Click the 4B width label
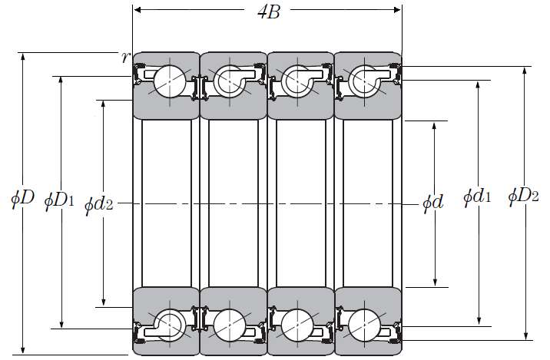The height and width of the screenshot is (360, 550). [x=269, y=12]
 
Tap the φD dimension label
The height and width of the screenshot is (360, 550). [x=22, y=198]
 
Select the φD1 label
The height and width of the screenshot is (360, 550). [x=59, y=200]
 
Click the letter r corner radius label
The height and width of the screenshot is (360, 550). [x=125, y=57]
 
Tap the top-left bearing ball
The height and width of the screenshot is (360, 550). [x=170, y=81]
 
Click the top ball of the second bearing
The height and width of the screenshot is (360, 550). [x=230, y=81]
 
